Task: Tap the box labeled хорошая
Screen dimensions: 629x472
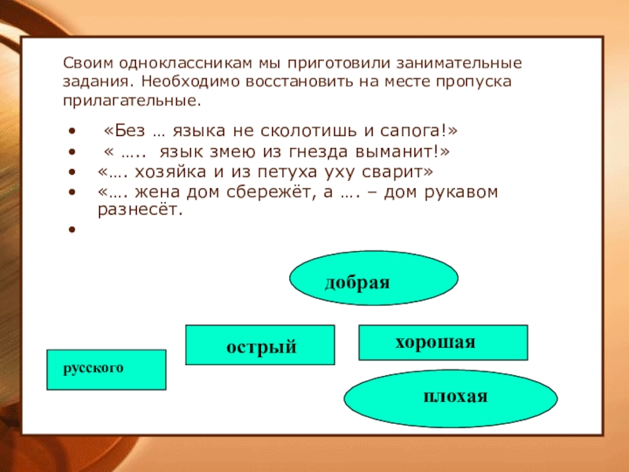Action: (443, 342)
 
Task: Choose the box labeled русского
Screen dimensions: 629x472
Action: (106, 369)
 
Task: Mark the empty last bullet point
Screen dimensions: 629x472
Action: (72, 230)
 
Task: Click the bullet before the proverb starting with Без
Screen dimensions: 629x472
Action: (72, 131)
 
